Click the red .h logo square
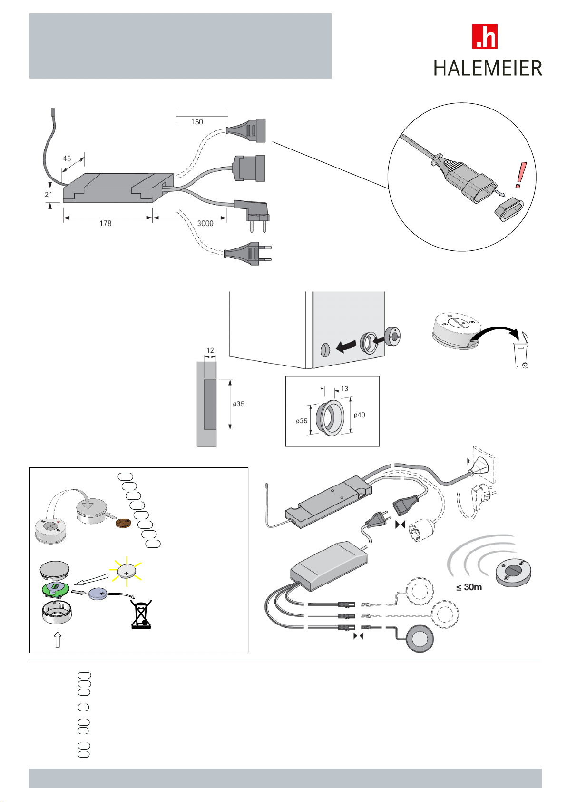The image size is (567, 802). pos(484,37)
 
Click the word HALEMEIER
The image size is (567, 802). pos(488,69)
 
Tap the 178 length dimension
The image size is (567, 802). pos(106,223)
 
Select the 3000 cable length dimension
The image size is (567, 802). pos(205,223)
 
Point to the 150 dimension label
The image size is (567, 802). pos(197,122)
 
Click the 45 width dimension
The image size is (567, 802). pos(67,159)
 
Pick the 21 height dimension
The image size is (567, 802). pos(49,194)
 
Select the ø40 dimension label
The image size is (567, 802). pos(359,415)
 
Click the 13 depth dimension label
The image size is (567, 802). pos(344,389)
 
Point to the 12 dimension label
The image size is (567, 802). pos(210,350)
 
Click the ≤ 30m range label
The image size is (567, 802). pos(469,587)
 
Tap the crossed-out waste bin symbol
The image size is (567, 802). pos(141,614)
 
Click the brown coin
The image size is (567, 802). pos(123,524)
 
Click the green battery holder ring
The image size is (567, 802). pos(56,588)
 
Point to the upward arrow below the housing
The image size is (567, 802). pos(58,639)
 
